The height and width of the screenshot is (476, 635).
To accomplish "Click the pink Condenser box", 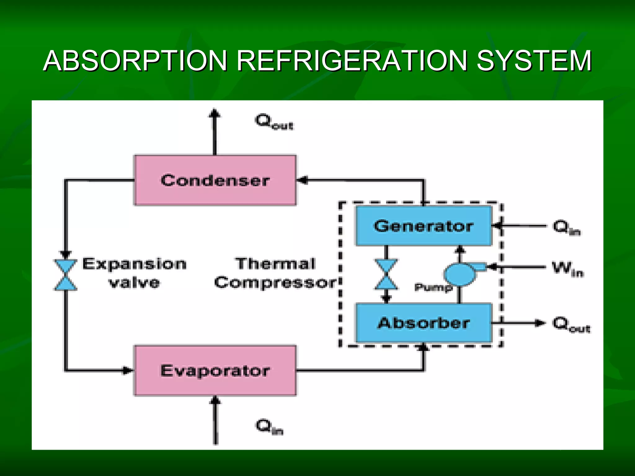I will (x=215, y=180).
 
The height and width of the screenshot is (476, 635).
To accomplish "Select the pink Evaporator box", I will (x=215, y=370).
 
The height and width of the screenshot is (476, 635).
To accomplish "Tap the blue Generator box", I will (x=424, y=226).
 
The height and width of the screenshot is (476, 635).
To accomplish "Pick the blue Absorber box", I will (x=424, y=323).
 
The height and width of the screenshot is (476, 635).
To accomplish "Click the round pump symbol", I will (x=460, y=274).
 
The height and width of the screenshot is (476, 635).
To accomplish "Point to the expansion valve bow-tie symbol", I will (x=66, y=275).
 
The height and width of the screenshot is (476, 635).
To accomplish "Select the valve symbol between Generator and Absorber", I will (x=386, y=275).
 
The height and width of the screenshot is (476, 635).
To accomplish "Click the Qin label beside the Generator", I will (x=566, y=227).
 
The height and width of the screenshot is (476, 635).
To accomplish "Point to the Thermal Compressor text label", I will (x=275, y=273).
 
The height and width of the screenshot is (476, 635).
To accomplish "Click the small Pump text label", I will (x=433, y=287).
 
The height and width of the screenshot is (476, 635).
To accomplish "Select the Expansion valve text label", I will (x=134, y=273).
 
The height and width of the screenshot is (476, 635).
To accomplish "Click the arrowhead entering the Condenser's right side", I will (x=302, y=180).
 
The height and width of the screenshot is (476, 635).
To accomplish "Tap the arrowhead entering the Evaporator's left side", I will (x=127, y=370).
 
